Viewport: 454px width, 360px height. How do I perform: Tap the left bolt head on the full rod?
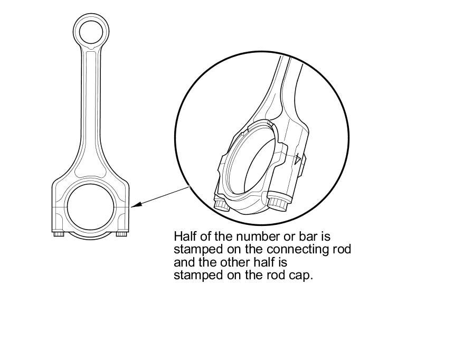pos(59,233)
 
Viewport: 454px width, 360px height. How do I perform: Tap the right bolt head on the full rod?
pos(122,233)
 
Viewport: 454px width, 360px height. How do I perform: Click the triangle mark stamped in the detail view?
pos(299,158)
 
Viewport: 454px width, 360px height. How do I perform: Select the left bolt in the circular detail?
pos(221,204)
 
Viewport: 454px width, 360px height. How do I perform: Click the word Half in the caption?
pos(184,235)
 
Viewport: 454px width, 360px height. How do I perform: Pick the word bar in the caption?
pos(295,235)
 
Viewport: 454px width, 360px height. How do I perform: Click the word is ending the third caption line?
pos(282,262)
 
